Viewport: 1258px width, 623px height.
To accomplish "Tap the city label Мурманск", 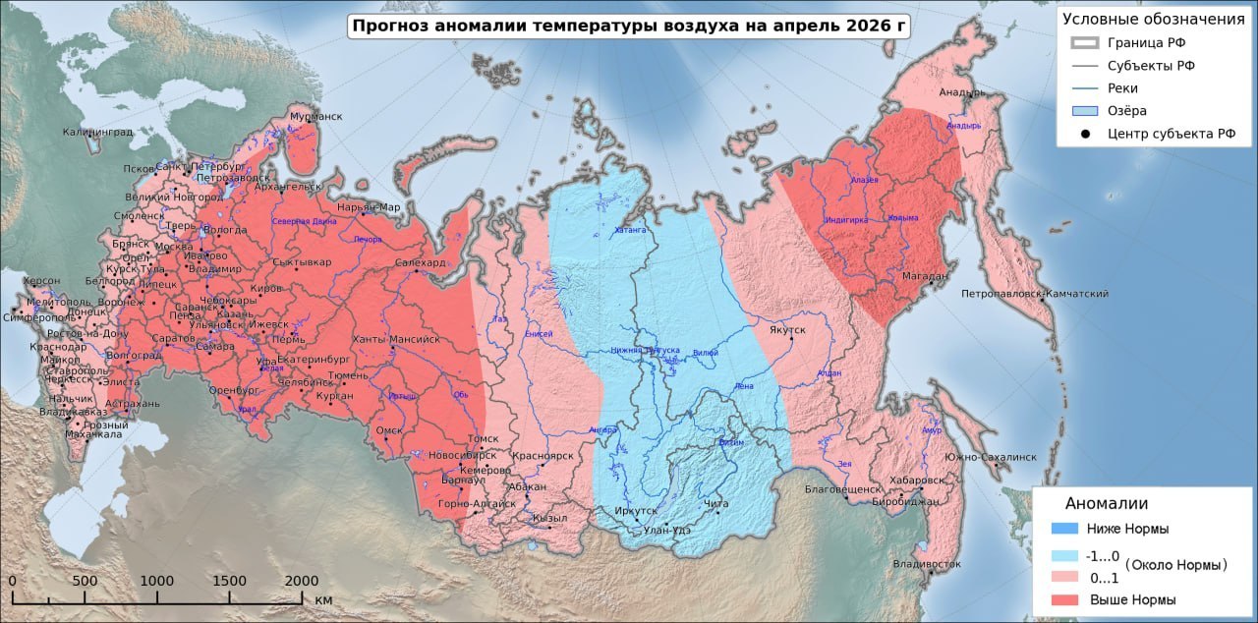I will tap(315, 116).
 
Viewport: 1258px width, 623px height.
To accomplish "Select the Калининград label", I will tap(97, 132).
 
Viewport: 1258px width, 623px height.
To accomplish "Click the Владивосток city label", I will tap(927, 564).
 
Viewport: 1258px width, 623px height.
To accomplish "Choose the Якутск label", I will tap(787, 330).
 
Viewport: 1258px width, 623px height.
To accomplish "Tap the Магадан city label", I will tap(925, 276).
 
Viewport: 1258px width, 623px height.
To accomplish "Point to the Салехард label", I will tap(421, 263).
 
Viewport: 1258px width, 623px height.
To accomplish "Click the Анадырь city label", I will tap(962, 93).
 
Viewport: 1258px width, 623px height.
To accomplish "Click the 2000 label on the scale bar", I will tap(301, 581).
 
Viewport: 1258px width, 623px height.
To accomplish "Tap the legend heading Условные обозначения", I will tap(1153, 19).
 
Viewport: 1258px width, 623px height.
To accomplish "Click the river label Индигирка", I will tap(846, 220).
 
